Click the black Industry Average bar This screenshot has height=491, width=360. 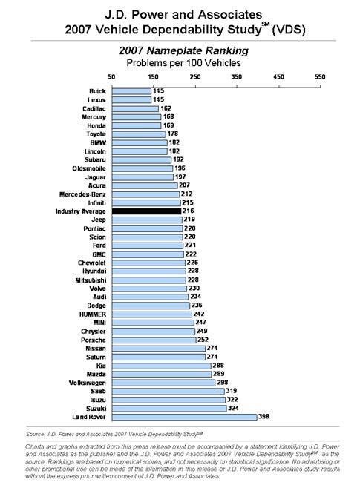pyautogui.click(x=146, y=211)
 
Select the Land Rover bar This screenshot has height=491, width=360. pyautogui.click(x=184, y=417)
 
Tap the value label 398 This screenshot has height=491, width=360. pyautogui.click(x=264, y=417)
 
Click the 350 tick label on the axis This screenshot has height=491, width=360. pyautogui.click(x=237, y=76)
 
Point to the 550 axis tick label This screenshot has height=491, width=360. pyautogui.click(x=320, y=76)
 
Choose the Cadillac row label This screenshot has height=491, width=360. pyautogui.click(x=94, y=109)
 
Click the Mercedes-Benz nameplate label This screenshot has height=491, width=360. pyautogui.click(x=82, y=194)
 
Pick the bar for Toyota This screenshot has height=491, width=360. pyautogui.click(x=139, y=134)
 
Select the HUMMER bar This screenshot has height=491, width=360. pyautogui.click(x=152, y=314)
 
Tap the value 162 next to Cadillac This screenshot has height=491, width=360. pyautogui.click(x=166, y=108)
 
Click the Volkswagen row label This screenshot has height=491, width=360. pyautogui.click(x=88, y=383)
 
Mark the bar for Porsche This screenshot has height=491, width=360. pyautogui.click(x=154, y=340)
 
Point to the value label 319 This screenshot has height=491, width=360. pyautogui.click(x=232, y=391)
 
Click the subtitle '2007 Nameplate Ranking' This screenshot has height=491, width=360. pyautogui.click(x=183, y=50)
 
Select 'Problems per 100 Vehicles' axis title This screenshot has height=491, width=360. pyautogui.click(x=183, y=63)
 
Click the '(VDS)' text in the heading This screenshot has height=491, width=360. pyautogui.click(x=289, y=30)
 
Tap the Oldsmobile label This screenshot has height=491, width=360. pyautogui.click(x=89, y=168)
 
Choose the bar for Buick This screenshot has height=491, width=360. pyautogui.click(x=131, y=91)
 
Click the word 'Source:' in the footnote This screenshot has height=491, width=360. pyautogui.click(x=35, y=435)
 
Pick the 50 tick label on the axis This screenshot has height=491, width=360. pyautogui.click(x=111, y=76)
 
